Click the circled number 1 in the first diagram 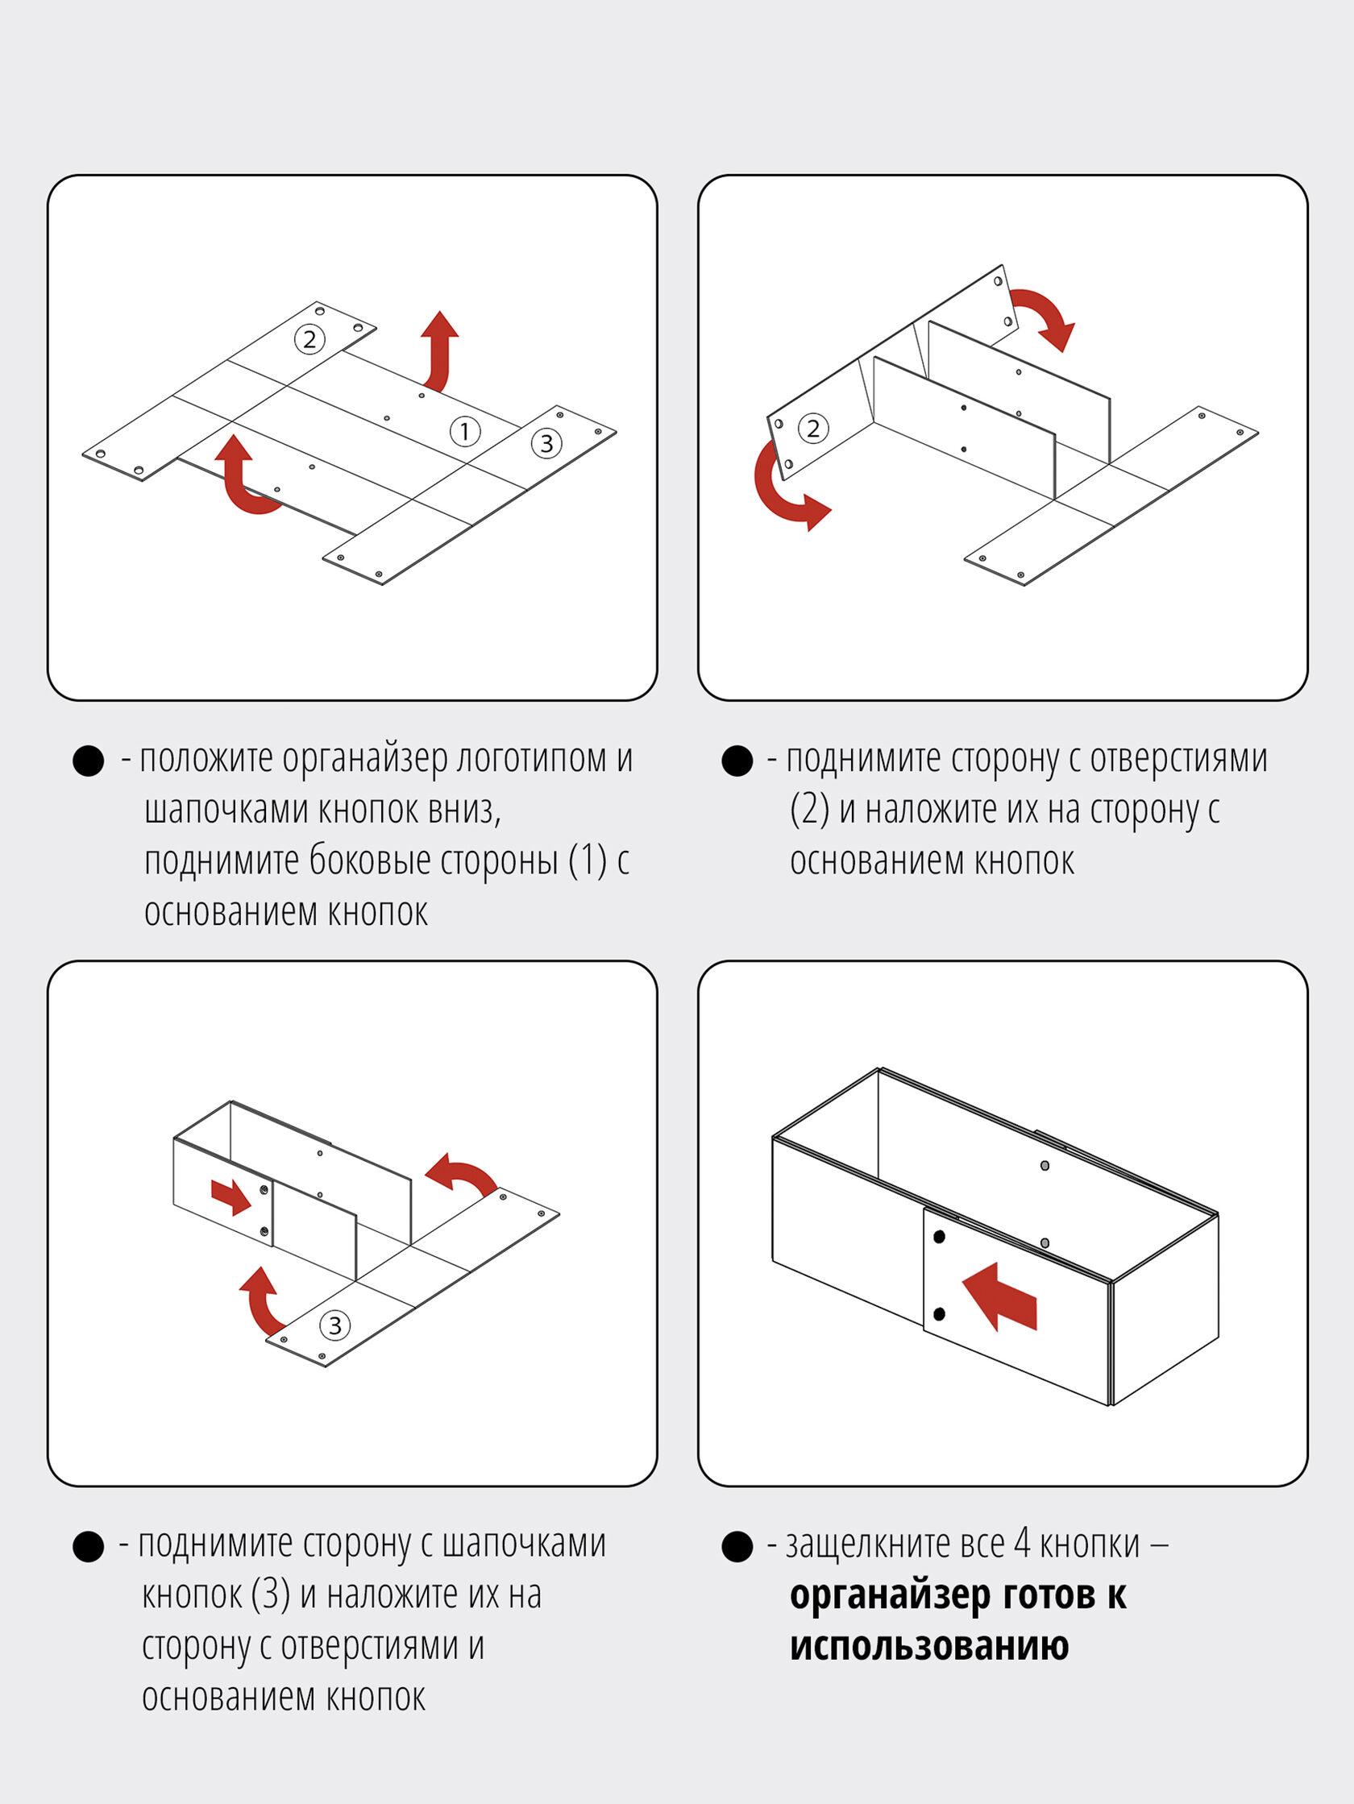point(465,430)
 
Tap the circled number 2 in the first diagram point(309,339)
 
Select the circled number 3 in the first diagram point(546,443)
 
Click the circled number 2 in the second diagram point(812,428)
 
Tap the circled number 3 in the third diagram point(334,1325)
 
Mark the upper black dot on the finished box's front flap point(939,1238)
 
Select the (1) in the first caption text point(588,861)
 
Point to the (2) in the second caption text point(809,810)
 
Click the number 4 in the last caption point(1022,1543)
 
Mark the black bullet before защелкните point(737,1546)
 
